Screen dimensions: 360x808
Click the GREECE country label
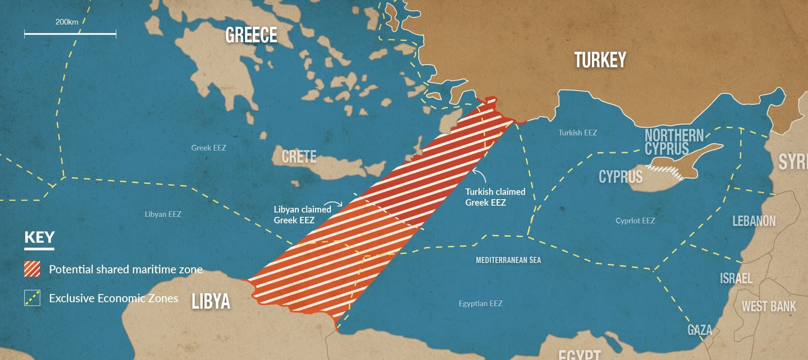click(x=251, y=35)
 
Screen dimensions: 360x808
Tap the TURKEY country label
click(x=600, y=60)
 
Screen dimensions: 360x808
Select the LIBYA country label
click(x=211, y=301)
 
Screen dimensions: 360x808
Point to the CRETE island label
click(x=299, y=157)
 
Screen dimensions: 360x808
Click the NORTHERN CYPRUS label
click(x=674, y=142)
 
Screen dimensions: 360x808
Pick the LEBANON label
click(x=754, y=221)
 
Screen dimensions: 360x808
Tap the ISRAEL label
click(x=736, y=279)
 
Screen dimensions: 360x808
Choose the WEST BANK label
click(x=769, y=307)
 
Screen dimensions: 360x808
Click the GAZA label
click(x=700, y=330)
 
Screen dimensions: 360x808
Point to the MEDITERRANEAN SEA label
click(x=508, y=260)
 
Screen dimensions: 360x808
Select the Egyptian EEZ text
click(x=481, y=304)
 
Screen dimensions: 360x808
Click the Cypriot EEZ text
click(x=635, y=221)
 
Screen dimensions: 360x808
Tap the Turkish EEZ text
click(x=578, y=133)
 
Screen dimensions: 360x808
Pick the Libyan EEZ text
click(x=163, y=214)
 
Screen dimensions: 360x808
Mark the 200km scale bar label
click(x=67, y=22)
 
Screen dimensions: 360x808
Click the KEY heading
click(x=39, y=238)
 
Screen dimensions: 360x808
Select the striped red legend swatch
click(x=32, y=269)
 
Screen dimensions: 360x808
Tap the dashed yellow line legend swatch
click(x=32, y=298)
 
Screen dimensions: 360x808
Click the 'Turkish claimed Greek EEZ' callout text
click(x=495, y=197)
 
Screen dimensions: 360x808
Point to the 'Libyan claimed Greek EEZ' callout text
click(x=302, y=215)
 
